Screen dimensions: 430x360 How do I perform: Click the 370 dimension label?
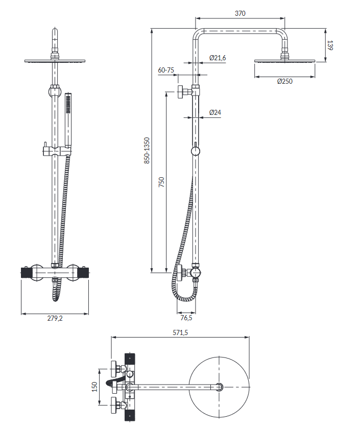[x=239, y=14]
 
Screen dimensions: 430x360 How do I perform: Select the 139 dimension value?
[x=330, y=45]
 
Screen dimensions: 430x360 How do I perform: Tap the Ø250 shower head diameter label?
[x=285, y=82]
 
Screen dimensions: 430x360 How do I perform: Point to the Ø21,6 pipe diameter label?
[x=218, y=58]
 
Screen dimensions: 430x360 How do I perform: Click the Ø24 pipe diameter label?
[x=215, y=112]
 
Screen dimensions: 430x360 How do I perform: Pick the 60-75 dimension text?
[x=166, y=70]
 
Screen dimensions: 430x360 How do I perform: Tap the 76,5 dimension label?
[x=186, y=318]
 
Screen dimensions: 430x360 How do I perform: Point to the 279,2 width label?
[x=55, y=318]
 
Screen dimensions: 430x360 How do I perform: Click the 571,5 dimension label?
[x=180, y=332]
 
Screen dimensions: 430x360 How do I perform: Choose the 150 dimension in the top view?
[x=94, y=387]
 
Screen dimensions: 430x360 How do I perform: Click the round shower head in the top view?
[x=220, y=387]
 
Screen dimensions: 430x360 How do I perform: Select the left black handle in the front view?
[x=25, y=273]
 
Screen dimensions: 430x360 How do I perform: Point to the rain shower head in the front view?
[x=55, y=61]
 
